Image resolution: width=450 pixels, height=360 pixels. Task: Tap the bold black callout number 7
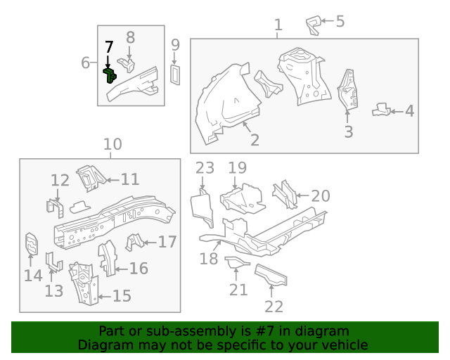click(109, 47)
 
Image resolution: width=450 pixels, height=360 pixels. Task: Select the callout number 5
click(340, 22)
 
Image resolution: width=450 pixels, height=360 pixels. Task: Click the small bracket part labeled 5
click(313, 25)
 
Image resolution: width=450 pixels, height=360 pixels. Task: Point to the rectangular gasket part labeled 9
click(175, 75)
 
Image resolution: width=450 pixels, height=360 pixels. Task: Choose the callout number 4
click(409, 111)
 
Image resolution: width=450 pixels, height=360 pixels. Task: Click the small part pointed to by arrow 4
click(381, 110)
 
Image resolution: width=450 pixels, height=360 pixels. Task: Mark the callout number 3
click(349, 131)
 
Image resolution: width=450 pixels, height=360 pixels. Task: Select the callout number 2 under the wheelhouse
click(255, 140)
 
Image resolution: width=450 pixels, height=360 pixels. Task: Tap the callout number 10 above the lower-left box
click(112, 144)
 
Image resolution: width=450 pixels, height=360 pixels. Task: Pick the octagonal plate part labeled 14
click(32, 244)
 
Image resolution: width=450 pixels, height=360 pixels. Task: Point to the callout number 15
click(122, 296)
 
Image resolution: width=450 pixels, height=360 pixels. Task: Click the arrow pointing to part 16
click(121, 269)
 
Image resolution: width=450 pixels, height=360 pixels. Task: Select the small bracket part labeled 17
click(134, 242)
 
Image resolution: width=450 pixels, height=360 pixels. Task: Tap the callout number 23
click(205, 168)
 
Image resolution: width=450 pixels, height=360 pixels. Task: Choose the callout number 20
click(321, 196)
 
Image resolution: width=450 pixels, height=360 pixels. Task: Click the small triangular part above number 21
click(236, 262)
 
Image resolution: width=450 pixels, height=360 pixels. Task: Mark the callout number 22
click(274, 307)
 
